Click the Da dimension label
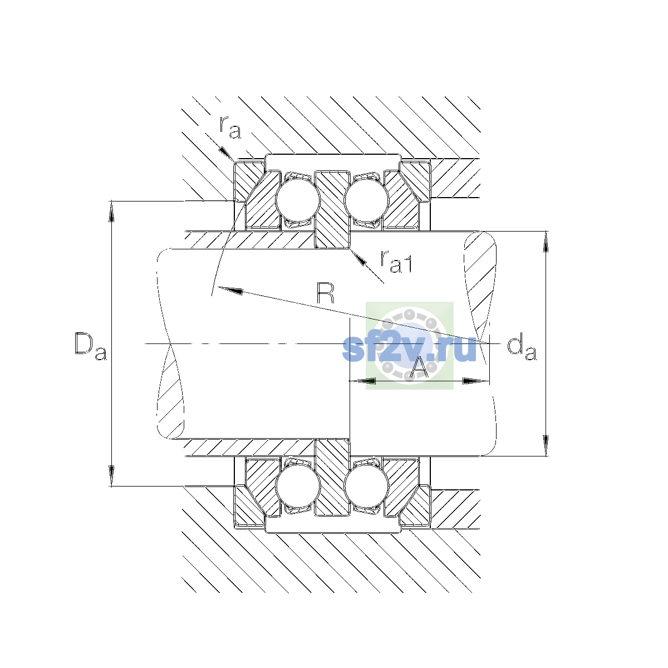(x=91, y=347)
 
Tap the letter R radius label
(x=326, y=293)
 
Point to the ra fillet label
(x=230, y=128)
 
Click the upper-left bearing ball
(x=297, y=200)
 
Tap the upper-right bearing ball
(x=366, y=200)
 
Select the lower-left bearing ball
(x=297, y=487)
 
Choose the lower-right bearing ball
(x=366, y=487)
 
